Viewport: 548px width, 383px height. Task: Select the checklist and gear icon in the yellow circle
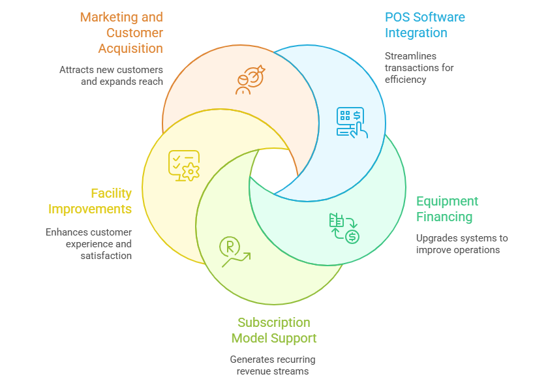pyautogui.click(x=184, y=165)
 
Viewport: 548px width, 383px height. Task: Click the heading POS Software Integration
pyautogui.click(x=425, y=25)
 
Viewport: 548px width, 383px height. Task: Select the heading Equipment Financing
pyautogui.click(x=447, y=209)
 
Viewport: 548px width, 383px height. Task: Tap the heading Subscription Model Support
pyautogui.click(x=274, y=330)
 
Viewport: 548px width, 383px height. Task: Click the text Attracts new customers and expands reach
pyautogui.click(x=111, y=75)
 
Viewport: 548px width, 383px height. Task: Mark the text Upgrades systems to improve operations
pyautogui.click(x=462, y=244)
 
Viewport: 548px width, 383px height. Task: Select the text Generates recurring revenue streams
pyautogui.click(x=273, y=365)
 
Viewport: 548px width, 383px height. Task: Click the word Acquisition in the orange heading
pyautogui.click(x=130, y=48)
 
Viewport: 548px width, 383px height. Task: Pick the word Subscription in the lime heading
pyautogui.click(x=274, y=322)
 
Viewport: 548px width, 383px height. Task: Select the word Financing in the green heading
pyautogui.click(x=444, y=217)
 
